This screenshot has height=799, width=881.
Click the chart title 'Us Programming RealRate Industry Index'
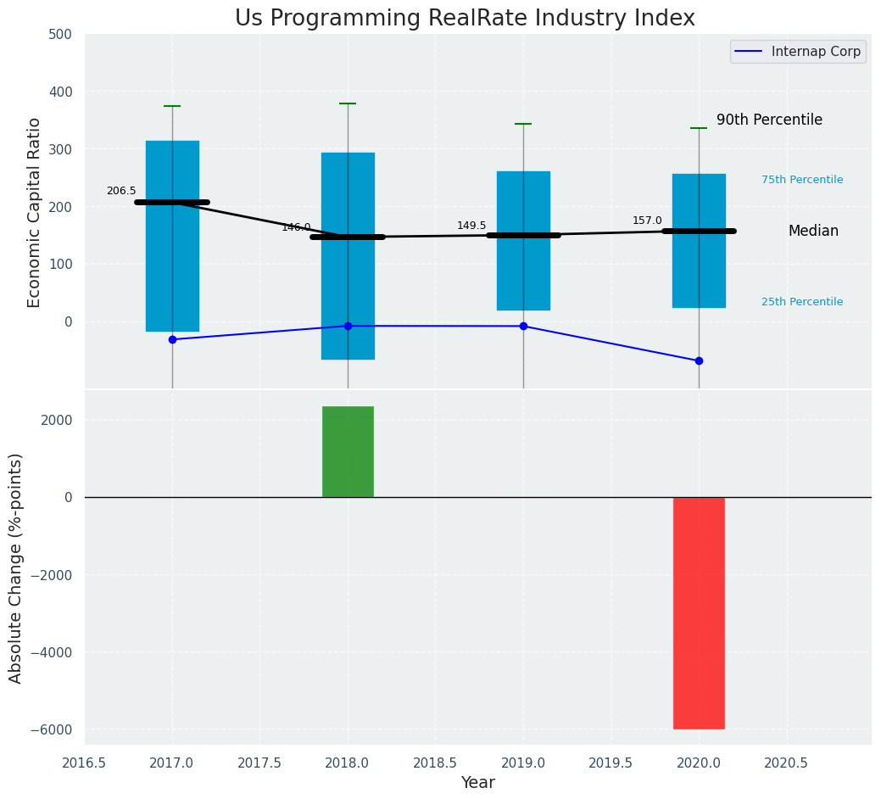click(x=465, y=19)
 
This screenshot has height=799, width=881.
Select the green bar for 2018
click(x=348, y=451)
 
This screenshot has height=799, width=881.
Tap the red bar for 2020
click(x=699, y=612)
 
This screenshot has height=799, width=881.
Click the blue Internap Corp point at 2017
click(x=172, y=339)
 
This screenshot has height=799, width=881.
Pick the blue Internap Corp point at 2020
click(x=699, y=360)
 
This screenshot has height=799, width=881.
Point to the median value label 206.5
click(x=121, y=191)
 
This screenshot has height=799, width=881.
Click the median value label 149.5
click(x=471, y=226)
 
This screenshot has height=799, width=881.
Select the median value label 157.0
click(x=647, y=221)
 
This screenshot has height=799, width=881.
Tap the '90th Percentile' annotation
click(x=769, y=120)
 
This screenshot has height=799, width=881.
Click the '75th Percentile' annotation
click(x=802, y=180)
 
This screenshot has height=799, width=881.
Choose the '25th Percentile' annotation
click(x=802, y=302)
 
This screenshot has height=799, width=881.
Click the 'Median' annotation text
click(x=813, y=232)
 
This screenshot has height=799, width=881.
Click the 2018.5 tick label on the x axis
click(x=436, y=763)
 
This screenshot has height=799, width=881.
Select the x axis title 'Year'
click(x=478, y=783)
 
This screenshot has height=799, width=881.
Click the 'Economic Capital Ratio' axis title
click(x=35, y=212)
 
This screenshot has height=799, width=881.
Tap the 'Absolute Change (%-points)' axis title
click(x=16, y=567)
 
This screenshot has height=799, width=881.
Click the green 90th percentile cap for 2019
click(x=523, y=124)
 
